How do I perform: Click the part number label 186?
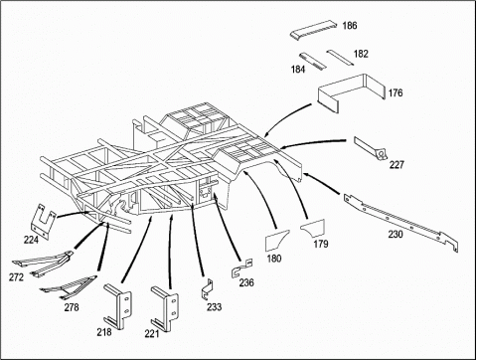350,26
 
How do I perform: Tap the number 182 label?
361,54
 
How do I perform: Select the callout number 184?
298,70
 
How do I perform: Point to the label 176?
396,92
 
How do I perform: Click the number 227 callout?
397,164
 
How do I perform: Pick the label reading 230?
396,234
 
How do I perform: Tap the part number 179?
321,244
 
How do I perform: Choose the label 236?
246,282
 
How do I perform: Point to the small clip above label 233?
208,288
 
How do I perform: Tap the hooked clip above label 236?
241,268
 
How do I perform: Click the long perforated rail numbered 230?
400,222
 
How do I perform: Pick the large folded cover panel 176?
351,90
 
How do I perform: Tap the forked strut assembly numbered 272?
43,264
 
